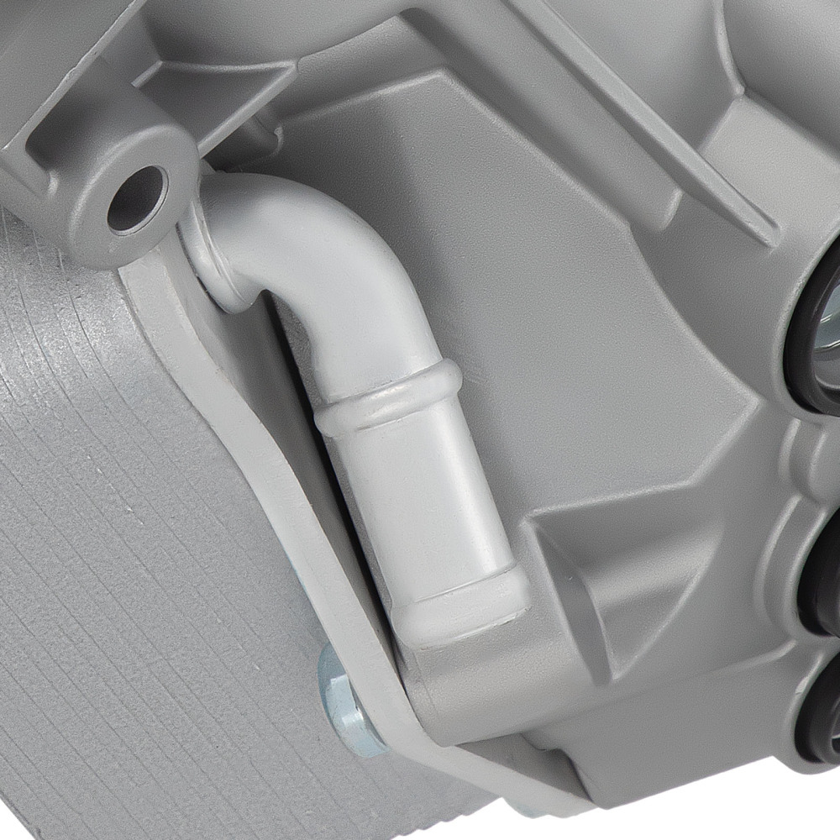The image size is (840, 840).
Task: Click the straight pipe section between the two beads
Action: [420, 496]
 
